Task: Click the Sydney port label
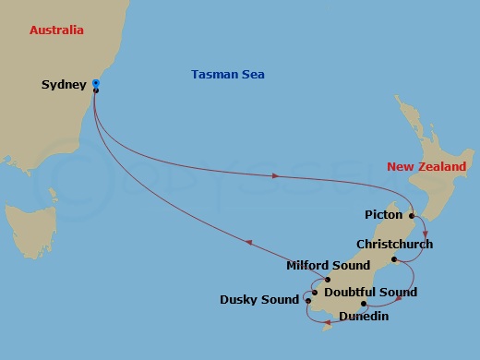(64, 86)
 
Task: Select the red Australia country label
(56, 30)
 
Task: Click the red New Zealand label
(426, 167)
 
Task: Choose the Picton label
(384, 215)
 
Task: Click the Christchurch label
(394, 245)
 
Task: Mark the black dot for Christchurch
(394, 259)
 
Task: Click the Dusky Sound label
(259, 299)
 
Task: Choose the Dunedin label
(364, 317)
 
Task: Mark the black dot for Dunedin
(364, 304)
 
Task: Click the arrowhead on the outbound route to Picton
(276, 175)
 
